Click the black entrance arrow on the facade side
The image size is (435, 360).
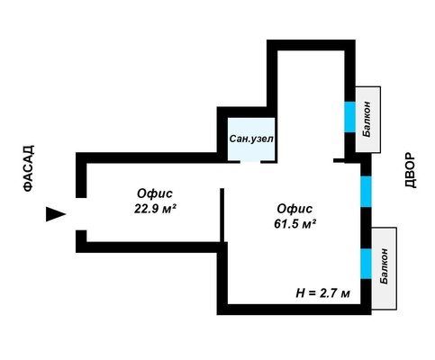(54, 214)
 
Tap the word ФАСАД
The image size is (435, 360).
(29, 168)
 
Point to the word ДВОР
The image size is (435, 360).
(411, 170)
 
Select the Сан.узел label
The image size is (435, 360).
(251, 139)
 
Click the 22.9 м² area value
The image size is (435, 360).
(154, 209)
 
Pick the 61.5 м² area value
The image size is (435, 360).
(295, 224)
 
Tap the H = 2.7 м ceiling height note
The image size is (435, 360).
(322, 293)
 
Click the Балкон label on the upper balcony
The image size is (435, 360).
(367, 120)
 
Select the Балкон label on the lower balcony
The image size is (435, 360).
(384, 266)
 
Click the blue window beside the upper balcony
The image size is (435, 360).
(349, 117)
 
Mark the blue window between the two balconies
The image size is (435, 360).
(366, 192)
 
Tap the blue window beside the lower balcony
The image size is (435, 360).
(366, 264)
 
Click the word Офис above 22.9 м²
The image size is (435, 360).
(155, 193)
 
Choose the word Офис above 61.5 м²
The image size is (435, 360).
(295, 209)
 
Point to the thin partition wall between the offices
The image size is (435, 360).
(222, 215)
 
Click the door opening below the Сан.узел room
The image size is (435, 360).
(250, 162)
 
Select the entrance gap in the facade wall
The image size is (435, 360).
(81, 214)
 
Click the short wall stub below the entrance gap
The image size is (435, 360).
(81, 236)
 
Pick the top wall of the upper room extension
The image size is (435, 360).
(311, 45)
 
